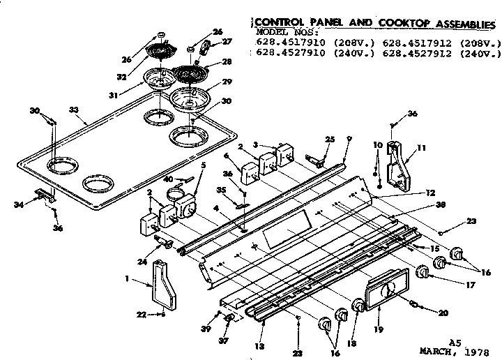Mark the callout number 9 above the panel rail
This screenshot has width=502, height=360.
pyautogui.click(x=349, y=138)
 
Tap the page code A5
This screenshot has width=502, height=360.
pyautogui.click(x=455, y=341)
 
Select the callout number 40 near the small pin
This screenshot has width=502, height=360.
pyautogui.click(x=169, y=179)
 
